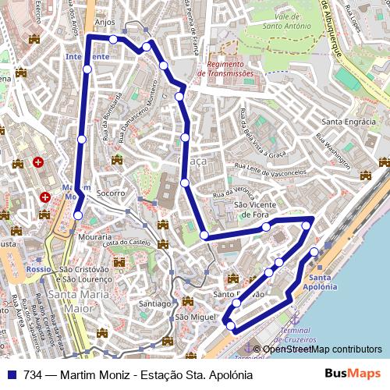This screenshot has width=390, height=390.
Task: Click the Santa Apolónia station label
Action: [323, 282]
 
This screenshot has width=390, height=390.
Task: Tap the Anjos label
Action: [104, 23]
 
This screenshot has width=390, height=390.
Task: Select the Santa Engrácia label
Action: [349, 122]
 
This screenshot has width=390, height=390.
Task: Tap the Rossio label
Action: [38, 268]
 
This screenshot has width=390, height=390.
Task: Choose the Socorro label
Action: [112, 192]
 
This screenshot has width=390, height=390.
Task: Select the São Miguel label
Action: [194, 317]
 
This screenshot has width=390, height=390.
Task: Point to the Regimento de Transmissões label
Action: [226, 68]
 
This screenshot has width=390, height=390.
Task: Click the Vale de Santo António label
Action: [282, 20]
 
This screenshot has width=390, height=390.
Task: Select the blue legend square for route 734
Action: [12, 374]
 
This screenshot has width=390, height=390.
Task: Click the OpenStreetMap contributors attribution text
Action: [322, 349]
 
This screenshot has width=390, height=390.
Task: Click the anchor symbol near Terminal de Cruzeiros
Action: [294, 318]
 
